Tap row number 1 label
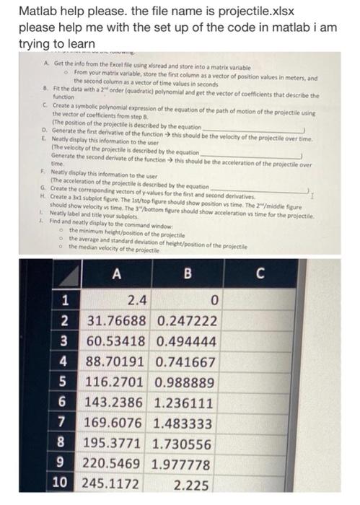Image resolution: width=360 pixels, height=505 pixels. [x=64, y=299]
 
